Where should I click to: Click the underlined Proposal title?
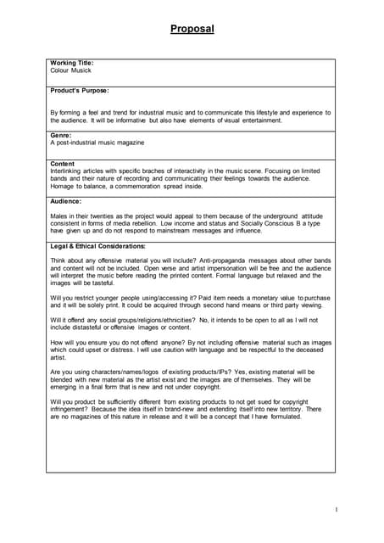(x=192, y=29)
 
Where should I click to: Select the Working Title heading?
(x=72, y=63)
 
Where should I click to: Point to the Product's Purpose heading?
(x=80, y=90)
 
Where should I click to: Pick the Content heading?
(x=63, y=163)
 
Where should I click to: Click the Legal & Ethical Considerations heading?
(x=98, y=245)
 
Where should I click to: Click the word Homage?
(x=64, y=187)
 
